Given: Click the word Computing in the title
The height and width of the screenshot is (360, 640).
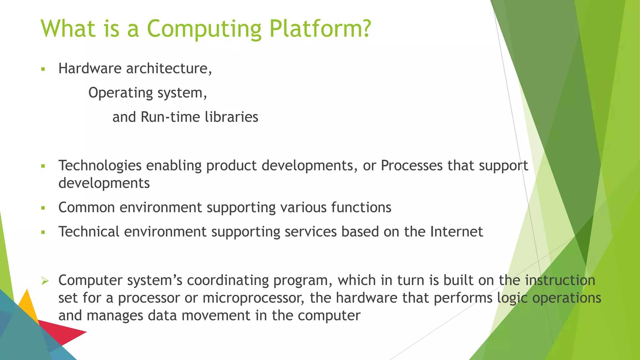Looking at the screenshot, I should click(x=204, y=29).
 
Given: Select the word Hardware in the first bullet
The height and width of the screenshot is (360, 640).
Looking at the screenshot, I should click(x=90, y=68).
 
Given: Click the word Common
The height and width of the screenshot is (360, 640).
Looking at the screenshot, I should click(x=87, y=207).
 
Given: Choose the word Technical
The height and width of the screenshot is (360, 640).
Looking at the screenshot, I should click(x=89, y=232).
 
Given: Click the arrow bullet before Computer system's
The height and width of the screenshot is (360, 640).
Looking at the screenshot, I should click(x=45, y=281).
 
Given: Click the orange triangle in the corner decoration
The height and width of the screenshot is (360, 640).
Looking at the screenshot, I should click(x=28, y=305).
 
